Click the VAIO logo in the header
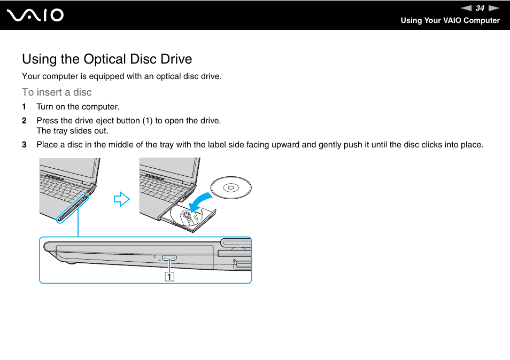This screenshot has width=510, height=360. pos(36,15)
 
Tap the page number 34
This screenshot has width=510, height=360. pos(480,8)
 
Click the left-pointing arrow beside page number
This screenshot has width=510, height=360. pos(467,8)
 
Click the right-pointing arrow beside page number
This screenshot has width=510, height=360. pos(493,8)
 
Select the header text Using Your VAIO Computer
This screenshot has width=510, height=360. pos(450,20)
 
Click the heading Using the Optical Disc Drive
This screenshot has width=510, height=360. pos(107,59)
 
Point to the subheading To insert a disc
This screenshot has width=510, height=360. pos(57,92)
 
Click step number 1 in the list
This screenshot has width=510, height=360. pos(24,107)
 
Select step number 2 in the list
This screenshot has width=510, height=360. pos(24,121)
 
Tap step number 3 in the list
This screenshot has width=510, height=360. pos(24,145)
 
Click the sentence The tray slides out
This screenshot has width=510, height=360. pos(72,131)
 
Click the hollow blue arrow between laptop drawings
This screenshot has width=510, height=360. pos(122,200)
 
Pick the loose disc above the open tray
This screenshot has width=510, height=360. pos(230,187)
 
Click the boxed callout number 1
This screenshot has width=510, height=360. pos(169,276)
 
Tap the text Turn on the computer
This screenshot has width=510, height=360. pos(78,107)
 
